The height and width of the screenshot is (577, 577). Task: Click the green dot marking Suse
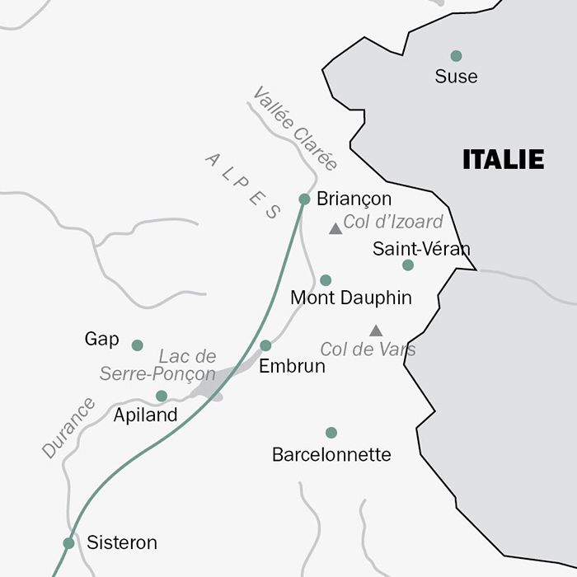point(456,56)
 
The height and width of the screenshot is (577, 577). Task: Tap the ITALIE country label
point(503,159)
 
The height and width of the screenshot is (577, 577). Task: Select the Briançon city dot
point(304,199)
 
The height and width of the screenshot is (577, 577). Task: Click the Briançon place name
point(354,199)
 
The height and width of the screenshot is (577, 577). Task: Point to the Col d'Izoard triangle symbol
point(335,229)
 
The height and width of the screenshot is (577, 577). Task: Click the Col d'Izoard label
point(393,222)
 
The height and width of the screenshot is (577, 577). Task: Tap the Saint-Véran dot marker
point(408,265)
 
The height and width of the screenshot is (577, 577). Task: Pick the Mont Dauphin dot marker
point(326,280)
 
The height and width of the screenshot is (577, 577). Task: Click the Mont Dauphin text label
point(351,298)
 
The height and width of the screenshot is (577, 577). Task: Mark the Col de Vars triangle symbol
point(376,331)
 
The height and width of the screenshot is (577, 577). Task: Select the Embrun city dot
point(265,345)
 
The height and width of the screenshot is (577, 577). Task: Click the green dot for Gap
point(137,345)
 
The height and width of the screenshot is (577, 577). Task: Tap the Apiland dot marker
point(162,396)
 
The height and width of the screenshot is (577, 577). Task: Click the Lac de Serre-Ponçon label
point(158,365)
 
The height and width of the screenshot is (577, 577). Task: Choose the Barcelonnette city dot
point(331,433)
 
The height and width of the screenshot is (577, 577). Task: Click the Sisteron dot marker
point(68,543)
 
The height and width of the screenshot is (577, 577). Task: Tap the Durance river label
point(68,428)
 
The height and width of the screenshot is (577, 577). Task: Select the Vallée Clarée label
point(295,129)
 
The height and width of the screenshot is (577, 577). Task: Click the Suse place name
point(456,77)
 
